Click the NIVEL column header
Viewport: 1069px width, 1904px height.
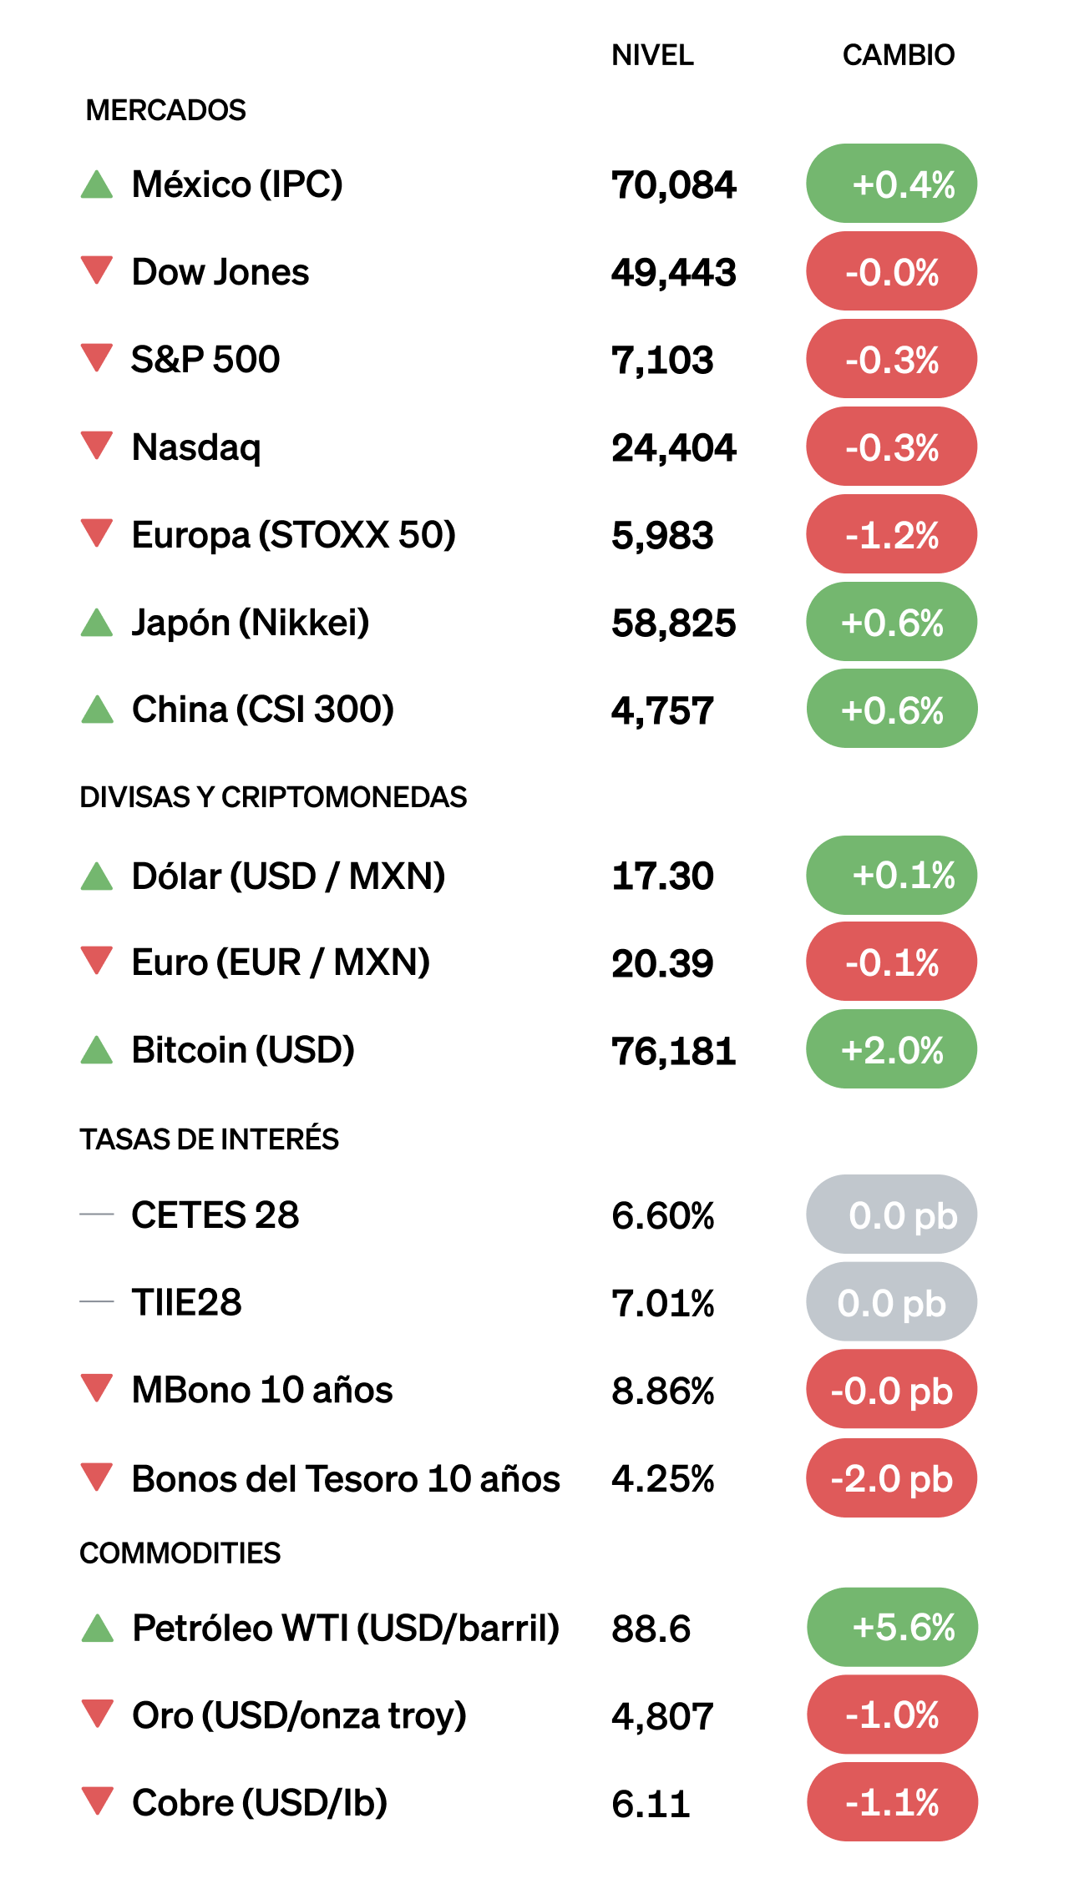652,55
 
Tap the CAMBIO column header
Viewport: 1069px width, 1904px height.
898,55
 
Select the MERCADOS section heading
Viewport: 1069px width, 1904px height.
165,110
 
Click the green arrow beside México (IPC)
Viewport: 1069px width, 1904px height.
97,184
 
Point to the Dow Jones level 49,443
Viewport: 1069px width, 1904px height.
673,273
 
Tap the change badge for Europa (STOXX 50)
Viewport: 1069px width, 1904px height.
891,534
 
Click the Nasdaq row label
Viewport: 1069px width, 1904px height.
196,447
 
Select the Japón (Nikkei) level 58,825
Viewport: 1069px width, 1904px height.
673,624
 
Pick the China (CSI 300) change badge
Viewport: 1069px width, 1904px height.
891,710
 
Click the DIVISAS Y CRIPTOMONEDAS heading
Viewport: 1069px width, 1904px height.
273,797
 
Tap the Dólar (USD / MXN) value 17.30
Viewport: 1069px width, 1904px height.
662,876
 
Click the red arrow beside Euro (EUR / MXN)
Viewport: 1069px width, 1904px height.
97,960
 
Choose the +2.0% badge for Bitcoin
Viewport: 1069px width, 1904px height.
891,1049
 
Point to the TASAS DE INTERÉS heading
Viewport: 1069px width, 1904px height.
209,1139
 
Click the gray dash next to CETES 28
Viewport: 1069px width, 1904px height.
97,1215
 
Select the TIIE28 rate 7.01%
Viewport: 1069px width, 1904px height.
662,1303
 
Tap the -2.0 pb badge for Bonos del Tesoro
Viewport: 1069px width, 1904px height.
891,1478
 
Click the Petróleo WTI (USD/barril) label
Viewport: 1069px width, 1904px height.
346,1629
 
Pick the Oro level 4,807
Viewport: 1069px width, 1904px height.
662,1717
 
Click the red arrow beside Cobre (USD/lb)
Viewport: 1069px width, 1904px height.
98,1800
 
